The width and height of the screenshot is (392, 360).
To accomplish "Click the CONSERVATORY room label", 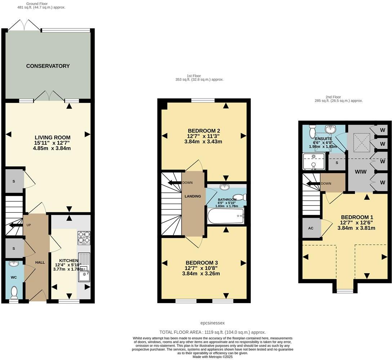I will click(48, 66).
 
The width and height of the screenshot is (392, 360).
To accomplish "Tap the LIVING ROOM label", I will click(52, 138).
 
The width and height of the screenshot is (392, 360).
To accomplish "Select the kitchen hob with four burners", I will click(84, 238).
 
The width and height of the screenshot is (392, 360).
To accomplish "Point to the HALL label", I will click(40, 262).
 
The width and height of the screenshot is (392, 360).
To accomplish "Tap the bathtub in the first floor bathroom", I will click(226, 216).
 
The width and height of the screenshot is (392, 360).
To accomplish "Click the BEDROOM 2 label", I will click(204, 131).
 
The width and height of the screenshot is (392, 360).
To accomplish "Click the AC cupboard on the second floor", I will click(311, 228).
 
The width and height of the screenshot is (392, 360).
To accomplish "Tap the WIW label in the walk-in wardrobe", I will click(361, 172).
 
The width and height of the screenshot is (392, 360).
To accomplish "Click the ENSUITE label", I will click(323, 139).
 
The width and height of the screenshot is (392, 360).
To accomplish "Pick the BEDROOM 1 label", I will click(357, 217).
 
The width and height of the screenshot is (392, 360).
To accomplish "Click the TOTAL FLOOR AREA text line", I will click(213, 332).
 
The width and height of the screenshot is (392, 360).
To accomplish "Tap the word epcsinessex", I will click(212, 323).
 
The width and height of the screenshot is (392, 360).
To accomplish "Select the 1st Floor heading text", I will click(194, 76).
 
